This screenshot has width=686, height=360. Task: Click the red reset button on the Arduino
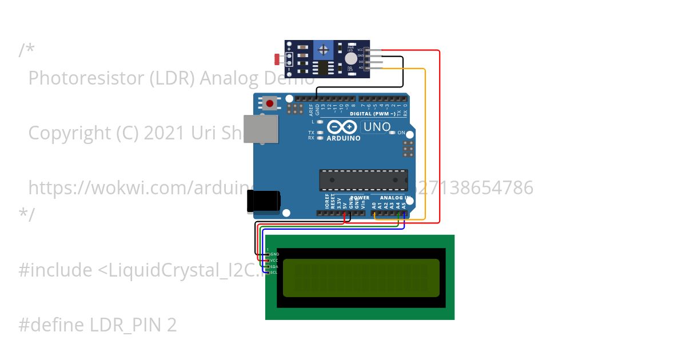269,103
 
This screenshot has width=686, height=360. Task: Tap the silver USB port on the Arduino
260,129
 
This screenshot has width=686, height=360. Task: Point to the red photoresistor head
278,58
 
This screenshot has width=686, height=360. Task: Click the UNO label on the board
377,127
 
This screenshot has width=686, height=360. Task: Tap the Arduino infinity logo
342,127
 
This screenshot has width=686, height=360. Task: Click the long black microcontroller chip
363,180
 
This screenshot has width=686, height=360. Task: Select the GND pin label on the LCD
274,254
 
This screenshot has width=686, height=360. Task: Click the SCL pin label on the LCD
274,273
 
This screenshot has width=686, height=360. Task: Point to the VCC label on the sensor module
360,50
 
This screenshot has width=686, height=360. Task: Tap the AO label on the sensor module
361,68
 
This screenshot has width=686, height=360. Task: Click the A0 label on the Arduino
374,204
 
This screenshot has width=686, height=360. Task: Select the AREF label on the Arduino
311,109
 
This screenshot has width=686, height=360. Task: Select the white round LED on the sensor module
350,58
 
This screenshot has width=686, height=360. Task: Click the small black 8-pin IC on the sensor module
325,69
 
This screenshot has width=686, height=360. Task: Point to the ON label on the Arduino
401,133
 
